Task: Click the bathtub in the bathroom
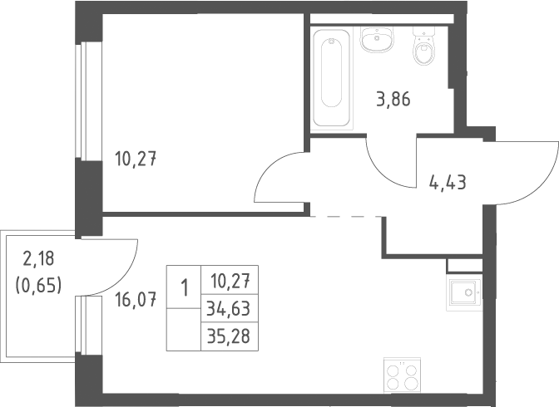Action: [x=331, y=78]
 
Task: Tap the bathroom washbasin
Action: [x=377, y=40]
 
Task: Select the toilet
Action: [x=424, y=47]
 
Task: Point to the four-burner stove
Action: [x=402, y=375]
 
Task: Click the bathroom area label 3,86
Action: [x=393, y=99]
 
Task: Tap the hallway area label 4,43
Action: [x=448, y=183]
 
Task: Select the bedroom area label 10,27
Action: [x=136, y=159]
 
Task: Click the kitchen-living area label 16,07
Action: [x=136, y=300]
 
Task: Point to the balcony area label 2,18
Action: [x=38, y=258]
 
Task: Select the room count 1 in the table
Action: [x=185, y=287]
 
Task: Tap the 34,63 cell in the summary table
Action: [x=229, y=308]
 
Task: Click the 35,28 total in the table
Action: [x=229, y=336]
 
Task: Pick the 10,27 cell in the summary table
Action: [x=230, y=281]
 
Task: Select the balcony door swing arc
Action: [x=126, y=278]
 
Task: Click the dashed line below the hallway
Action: [x=346, y=216]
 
